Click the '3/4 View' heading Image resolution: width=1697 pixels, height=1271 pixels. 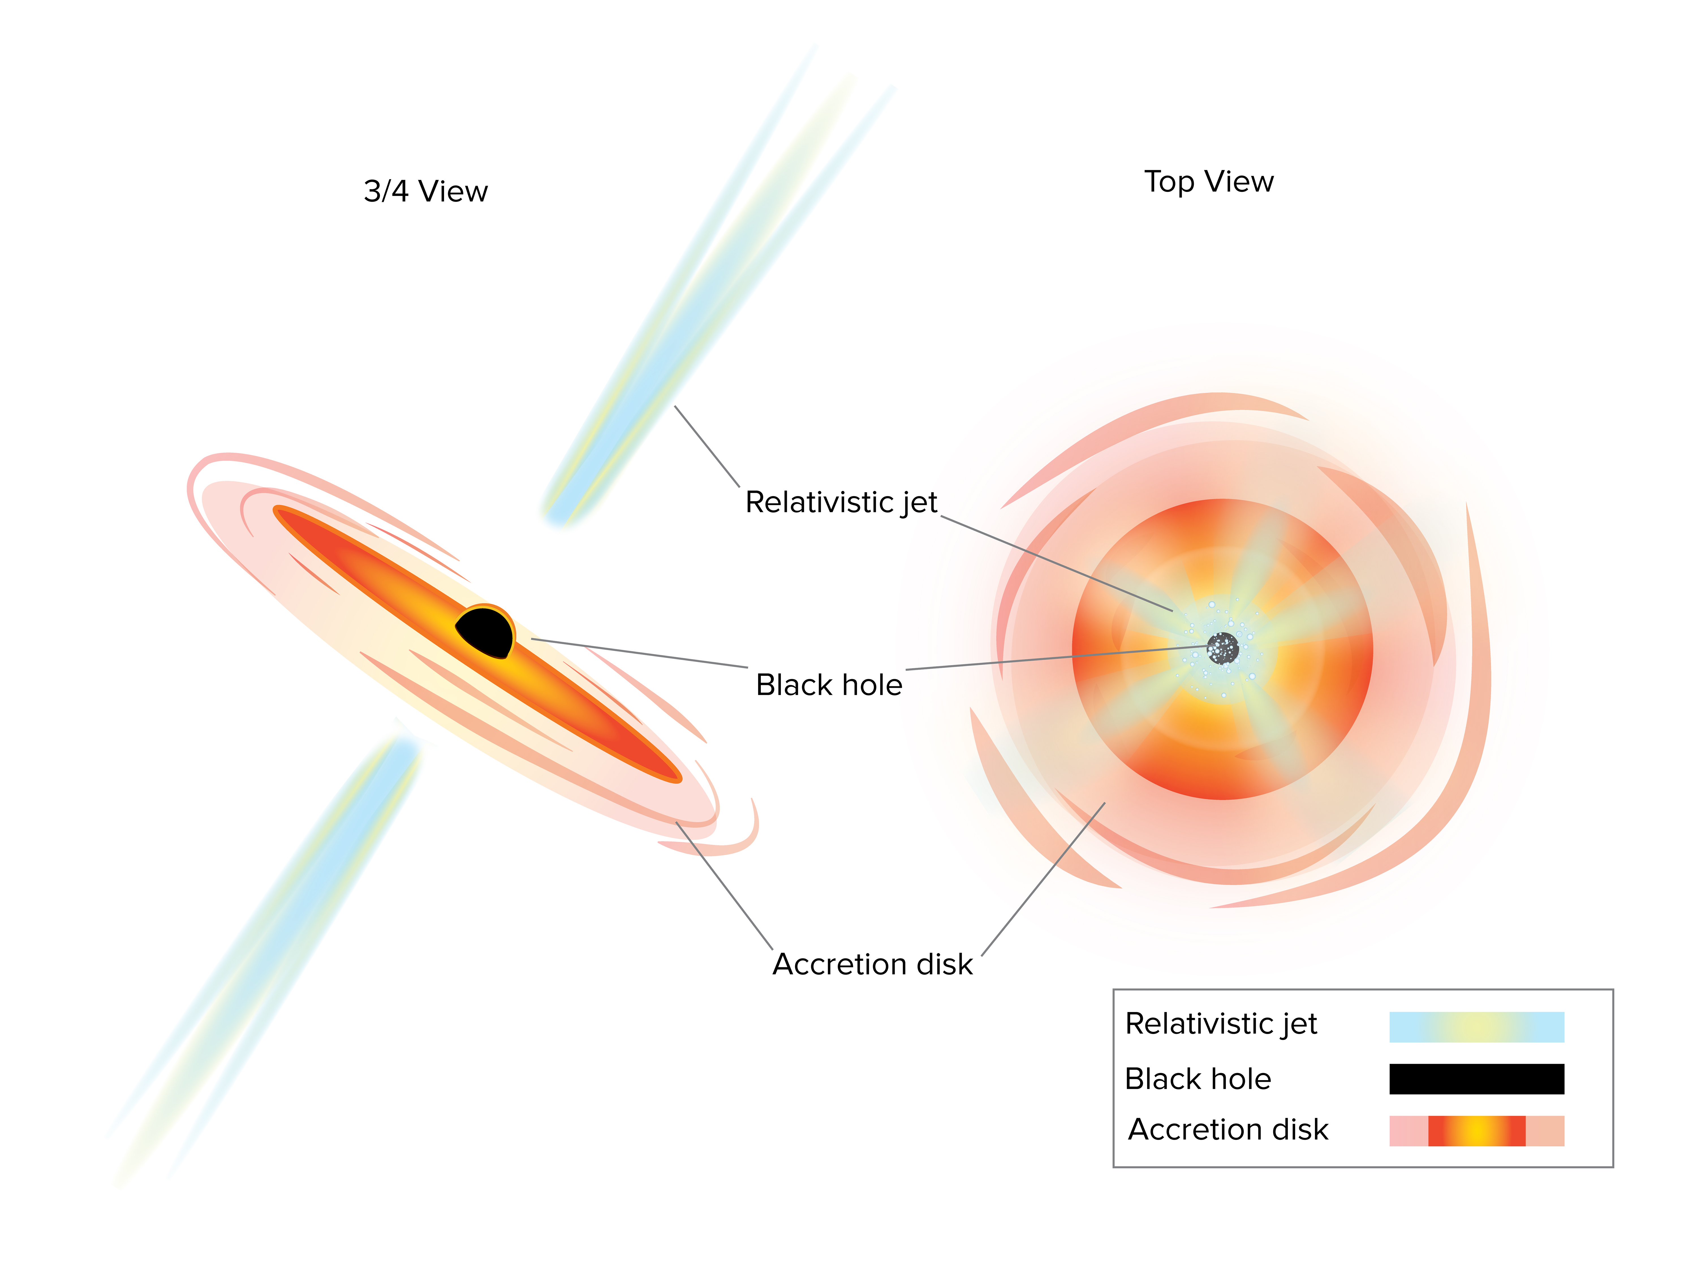pyautogui.click(x=426, y=191)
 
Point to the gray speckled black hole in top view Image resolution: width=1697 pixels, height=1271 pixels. pyautogui.click(x=1223, y=648)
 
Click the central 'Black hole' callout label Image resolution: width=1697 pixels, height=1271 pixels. pyautogui.click(x=829, y=685)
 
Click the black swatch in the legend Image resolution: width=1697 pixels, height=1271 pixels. pyautogui.click(x=1477, y=1078)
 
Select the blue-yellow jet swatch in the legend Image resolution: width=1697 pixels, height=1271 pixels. pyautogui.click(x=1477, y=1027)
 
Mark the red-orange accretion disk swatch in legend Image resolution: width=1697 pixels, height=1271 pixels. pyautogui.click(x=1477, y=1131)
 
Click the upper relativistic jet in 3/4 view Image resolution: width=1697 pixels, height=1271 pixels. pyautogui.click(x=717, y=284)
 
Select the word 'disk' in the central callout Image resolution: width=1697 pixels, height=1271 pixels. pyautogui.click(x=945, y=964)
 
